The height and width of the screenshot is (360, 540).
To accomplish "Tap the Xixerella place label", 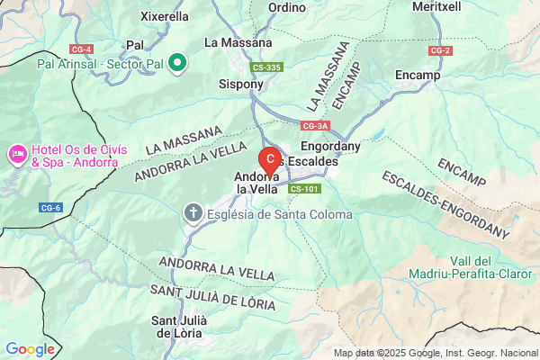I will click(x=166, y=16).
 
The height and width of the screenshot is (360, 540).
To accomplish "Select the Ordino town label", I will click(x=287, y=6).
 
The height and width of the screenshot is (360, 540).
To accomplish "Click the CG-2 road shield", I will click(x=440, y=50).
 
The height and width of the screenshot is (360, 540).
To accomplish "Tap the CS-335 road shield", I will click(x=267, y=67).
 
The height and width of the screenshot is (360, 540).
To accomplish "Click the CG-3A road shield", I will click(x=315, y=126).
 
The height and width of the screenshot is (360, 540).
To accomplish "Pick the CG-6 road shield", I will click(x=50, y=208).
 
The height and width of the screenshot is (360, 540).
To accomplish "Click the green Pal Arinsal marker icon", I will click(x=177, y=64).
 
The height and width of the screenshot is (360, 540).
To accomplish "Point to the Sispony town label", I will click(x=241, y=85).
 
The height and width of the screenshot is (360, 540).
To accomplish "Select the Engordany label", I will click(x=329, y=145).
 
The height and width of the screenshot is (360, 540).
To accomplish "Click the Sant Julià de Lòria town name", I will click(x=180, y=327).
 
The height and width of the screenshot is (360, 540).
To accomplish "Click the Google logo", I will click(x=30, y=349).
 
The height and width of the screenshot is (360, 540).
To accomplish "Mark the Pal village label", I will click(x=136, y=44).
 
